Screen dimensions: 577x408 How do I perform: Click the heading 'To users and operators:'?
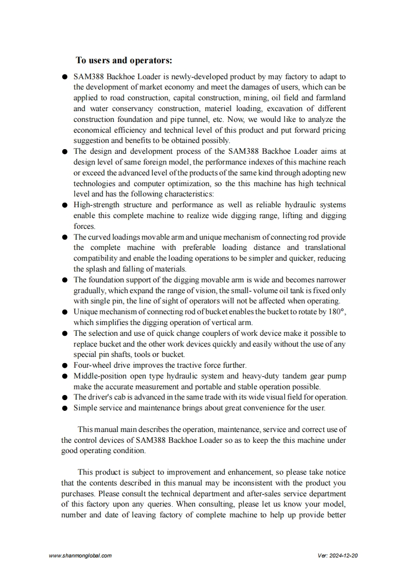123,61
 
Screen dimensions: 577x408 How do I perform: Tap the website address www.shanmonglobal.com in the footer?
80,556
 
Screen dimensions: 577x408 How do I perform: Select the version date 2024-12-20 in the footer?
345,556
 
